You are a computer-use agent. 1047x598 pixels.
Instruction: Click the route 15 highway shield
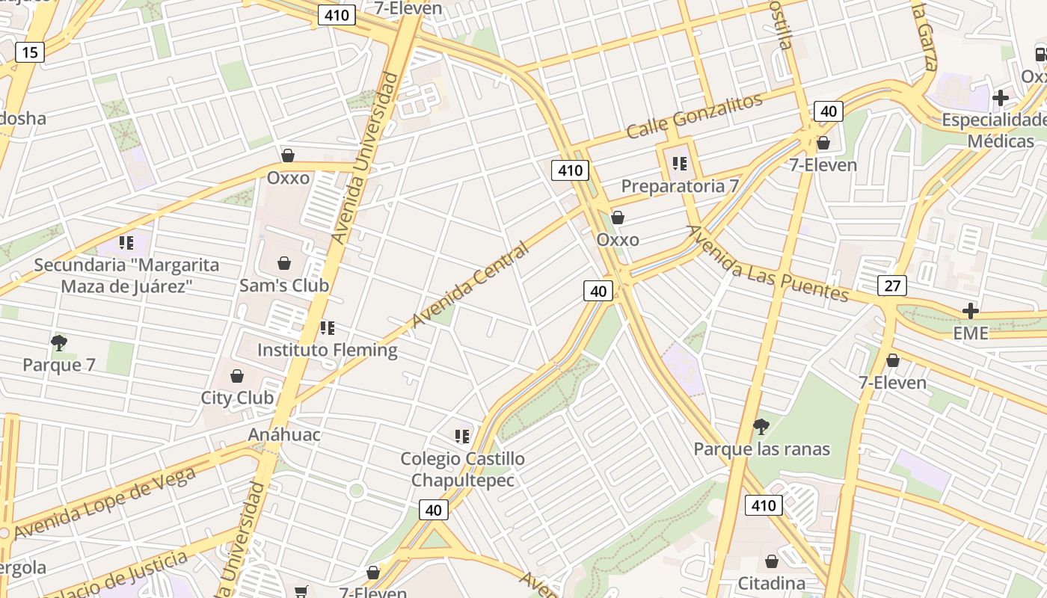point(29,52)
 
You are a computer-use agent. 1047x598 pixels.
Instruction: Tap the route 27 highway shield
point(892,286)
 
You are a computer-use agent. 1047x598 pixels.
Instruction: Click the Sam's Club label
point(284,286)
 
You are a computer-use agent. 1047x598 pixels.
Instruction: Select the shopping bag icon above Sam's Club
point(284,263)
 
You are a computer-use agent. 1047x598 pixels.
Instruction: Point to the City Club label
point(237,398)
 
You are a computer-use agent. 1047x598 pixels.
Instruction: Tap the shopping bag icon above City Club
point(237,375)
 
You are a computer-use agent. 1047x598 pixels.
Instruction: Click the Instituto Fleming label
point(328,350)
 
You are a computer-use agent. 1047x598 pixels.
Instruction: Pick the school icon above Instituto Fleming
point(327,327)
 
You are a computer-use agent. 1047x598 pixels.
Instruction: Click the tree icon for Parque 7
point(59,343)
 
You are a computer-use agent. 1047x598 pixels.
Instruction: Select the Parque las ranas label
point(761,449)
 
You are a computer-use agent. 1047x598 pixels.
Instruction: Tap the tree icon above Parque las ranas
point(761,427)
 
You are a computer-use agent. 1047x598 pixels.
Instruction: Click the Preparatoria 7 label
point(680,186)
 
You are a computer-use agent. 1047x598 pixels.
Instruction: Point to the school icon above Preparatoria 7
point(679,163)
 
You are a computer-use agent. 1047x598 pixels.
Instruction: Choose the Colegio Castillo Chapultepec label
point(462,469)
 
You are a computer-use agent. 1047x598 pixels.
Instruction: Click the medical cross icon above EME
point(971,311)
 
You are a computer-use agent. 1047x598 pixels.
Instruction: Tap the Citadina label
point(772,583)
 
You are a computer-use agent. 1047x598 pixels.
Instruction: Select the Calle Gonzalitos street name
point(695,115)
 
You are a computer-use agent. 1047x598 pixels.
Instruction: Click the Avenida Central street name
point(470,284)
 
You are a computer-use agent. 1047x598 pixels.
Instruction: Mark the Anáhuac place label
point(284,435)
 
